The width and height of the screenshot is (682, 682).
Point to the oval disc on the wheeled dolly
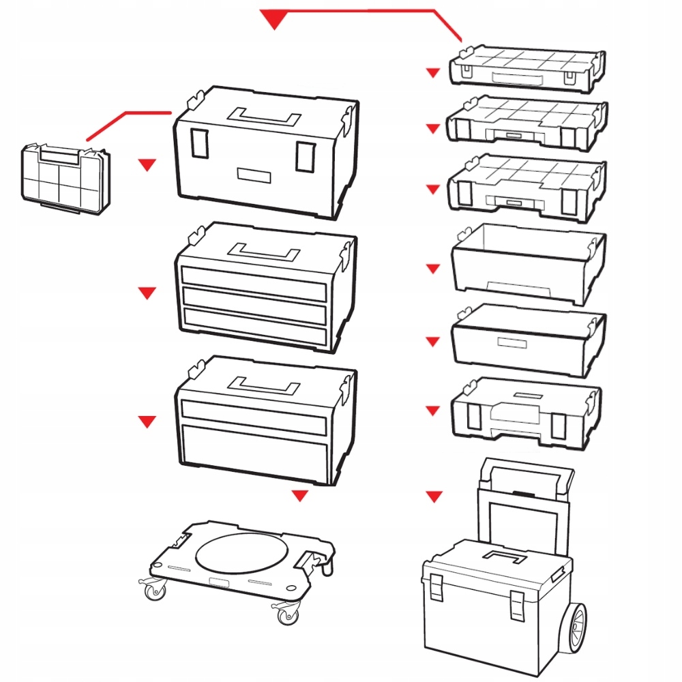point(241,553)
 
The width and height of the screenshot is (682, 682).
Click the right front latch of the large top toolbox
point(303,158)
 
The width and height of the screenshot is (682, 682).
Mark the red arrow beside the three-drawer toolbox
point(147,293)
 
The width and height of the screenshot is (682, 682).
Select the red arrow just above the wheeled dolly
point(299,496)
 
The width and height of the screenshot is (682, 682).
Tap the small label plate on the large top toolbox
point(254,175)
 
